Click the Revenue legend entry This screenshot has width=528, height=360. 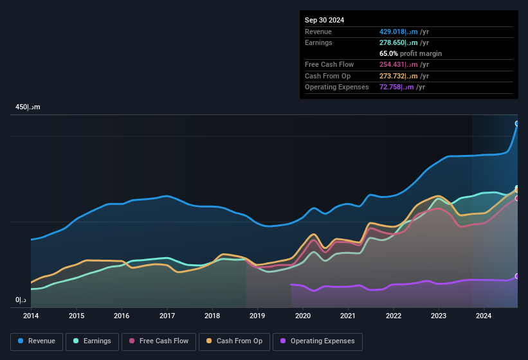pos(37,341)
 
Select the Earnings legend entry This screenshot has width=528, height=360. pos(93,341)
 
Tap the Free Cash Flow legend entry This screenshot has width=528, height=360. pos(159,341)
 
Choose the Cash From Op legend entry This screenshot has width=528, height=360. pos(233,341)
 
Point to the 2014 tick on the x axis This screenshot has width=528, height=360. pos(31,316)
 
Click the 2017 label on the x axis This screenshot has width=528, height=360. pos(167,316)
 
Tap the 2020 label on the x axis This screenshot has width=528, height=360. pos(303,316)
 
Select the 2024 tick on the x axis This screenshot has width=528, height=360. pos(484,316)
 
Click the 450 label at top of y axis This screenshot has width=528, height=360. pos(28,107)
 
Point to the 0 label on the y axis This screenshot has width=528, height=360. pos(21,300)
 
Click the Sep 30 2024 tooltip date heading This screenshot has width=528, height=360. pos(325,20)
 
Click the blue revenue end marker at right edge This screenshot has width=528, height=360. pos(517,123)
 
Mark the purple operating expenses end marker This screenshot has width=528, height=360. pos(517,276)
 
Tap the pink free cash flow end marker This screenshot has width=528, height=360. pos(517,198)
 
